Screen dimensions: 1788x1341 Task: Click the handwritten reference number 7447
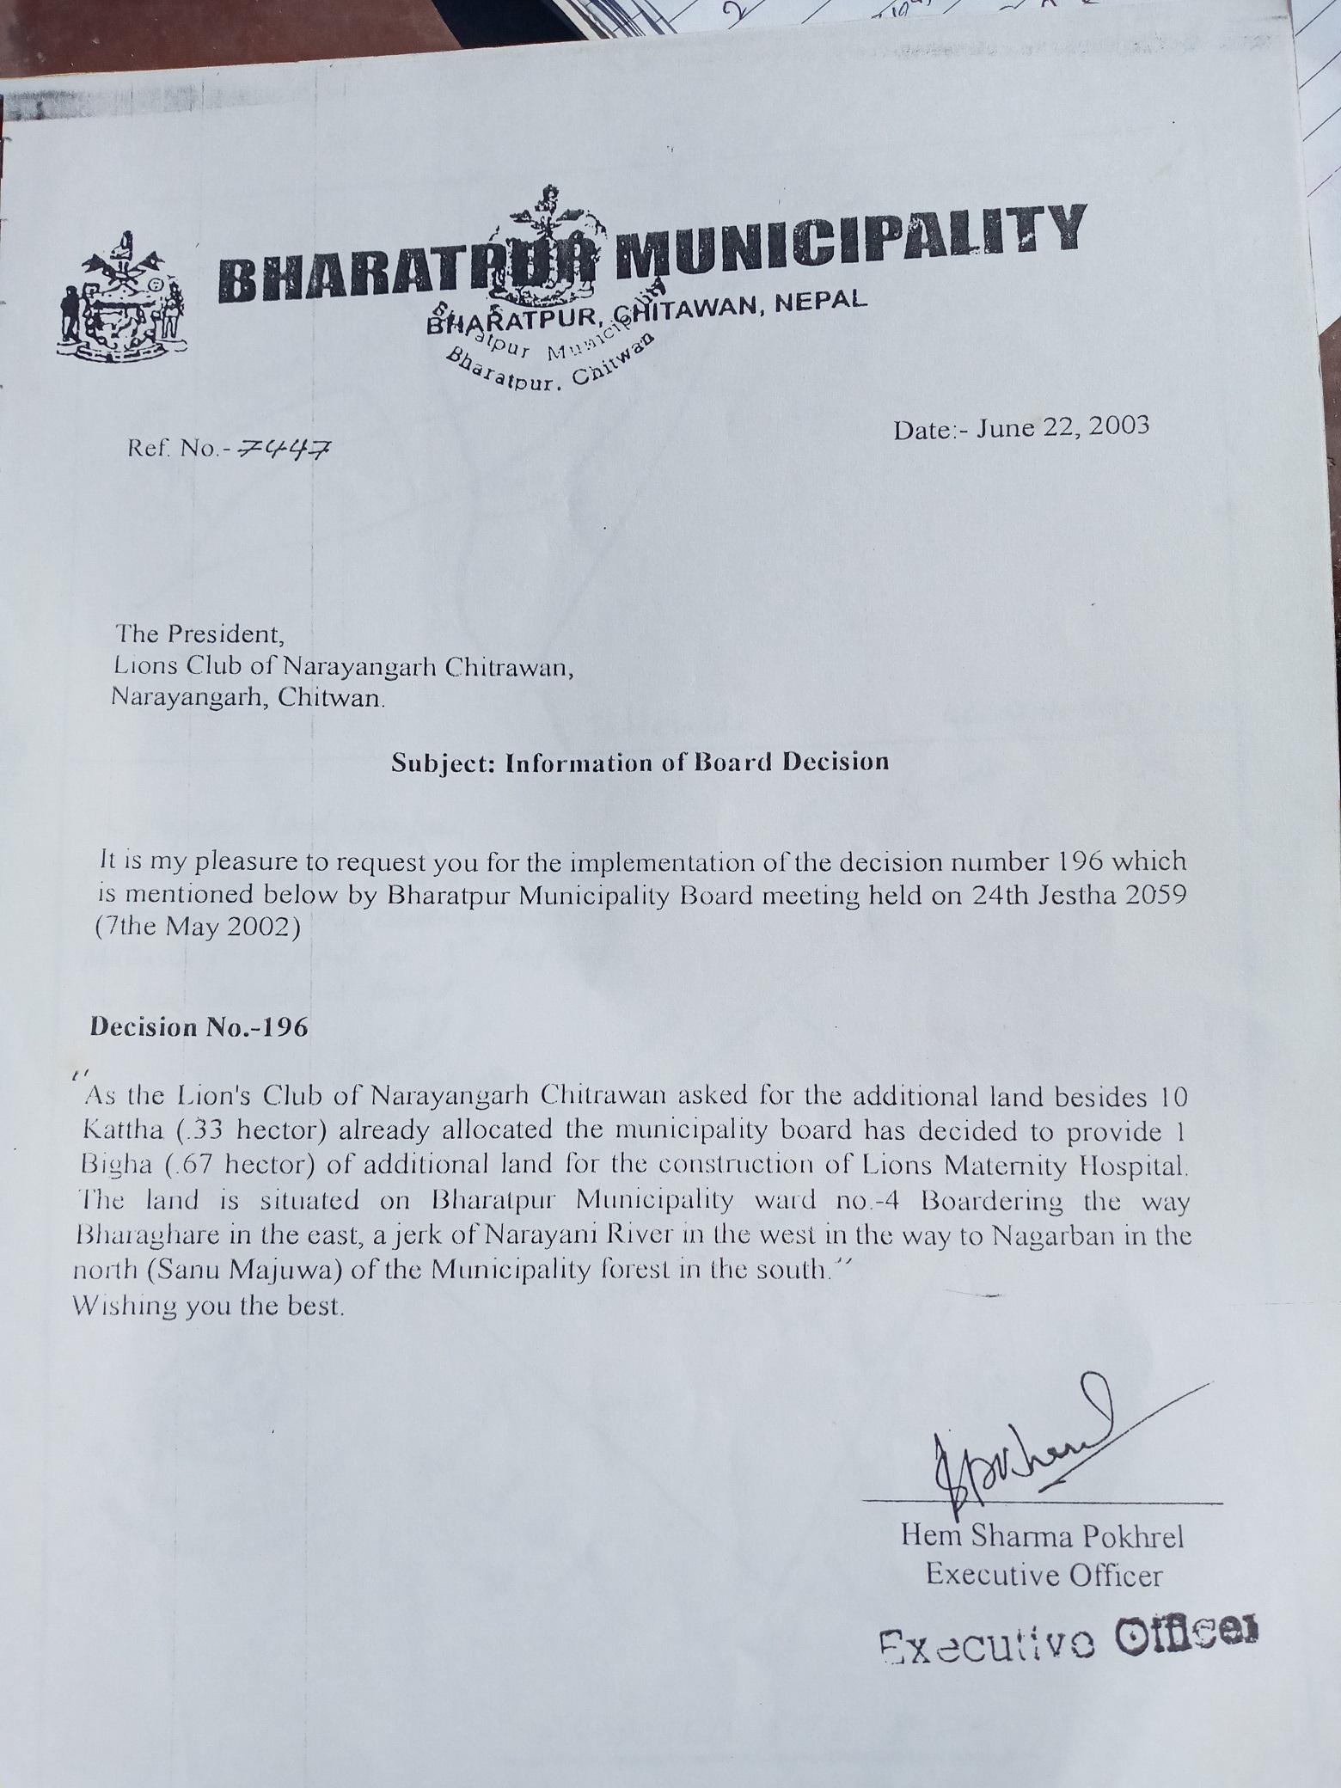[x=286, y=448]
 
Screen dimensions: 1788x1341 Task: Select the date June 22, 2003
[x=1061, y=427]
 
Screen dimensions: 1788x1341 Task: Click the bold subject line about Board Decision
[x=640, y=762]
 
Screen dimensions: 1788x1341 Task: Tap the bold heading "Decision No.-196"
[x=199, y=1028]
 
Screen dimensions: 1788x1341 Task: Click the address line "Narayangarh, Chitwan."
[x=248, y=697]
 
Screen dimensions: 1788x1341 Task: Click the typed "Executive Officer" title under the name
[x=1044, y=1576]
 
